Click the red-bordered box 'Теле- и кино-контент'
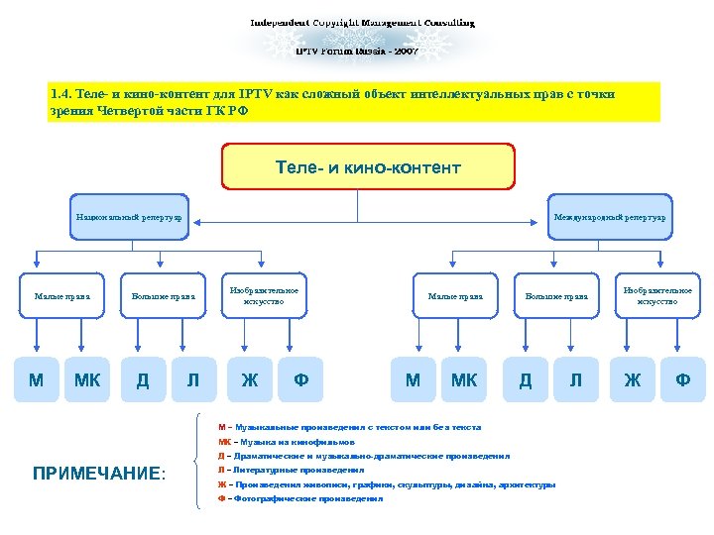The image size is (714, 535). point(368,166)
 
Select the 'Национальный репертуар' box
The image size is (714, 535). point(129,216)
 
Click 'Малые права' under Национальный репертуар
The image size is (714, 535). point(61,295)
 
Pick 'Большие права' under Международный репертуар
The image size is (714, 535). point(556,295)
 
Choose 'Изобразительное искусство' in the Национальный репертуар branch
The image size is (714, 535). point(257,295)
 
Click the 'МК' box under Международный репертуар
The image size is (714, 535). point(463,380)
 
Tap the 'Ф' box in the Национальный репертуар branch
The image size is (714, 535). point(300,380)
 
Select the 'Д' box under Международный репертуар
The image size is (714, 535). point(526,380)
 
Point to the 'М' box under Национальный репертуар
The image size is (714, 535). point(37,380)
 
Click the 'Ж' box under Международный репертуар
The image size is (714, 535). point(632,380)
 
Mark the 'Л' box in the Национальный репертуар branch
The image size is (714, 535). point(192,380)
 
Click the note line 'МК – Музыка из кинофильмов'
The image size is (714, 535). point(287,442)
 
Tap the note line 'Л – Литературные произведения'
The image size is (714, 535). point(292,471)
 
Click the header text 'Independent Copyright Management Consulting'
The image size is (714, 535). point(361,22)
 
